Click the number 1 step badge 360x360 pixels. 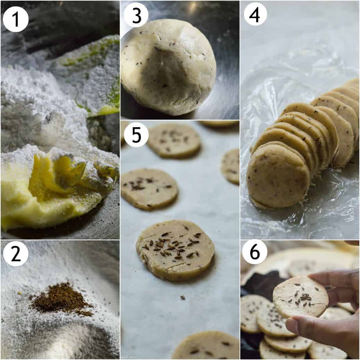click(x=16, y=19)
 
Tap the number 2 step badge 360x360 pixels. click(x=16, y=253)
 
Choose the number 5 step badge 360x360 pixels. click(x=136, y=134)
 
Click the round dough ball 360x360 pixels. click(x=168, y=67)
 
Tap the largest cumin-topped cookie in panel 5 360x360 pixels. click(x=175, y=249)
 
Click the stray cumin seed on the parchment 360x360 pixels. click(x=182, y=297)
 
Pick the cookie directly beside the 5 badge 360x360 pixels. click(x=174, y=140)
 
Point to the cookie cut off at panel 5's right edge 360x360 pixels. click(x=231, y=166)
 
